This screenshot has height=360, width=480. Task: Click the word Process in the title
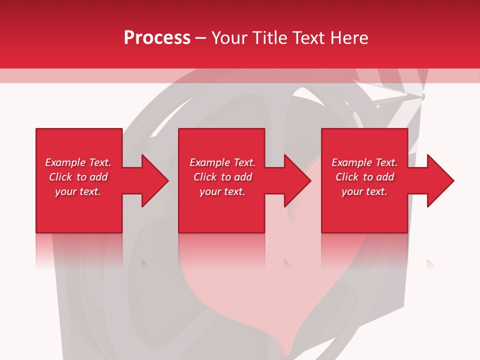pyautogui.click(x=157, y=38)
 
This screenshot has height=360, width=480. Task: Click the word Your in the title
pyautogui.click(x=230, y=38)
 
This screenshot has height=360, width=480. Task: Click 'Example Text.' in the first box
pyautogui.click(x=78, y=162)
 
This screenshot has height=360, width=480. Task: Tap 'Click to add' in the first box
pyautogui.click(x=78, y=177)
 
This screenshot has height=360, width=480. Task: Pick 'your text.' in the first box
pyautogui.click(x=78, y=191)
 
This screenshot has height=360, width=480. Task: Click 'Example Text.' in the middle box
pyautogui.click(x=222, y=162)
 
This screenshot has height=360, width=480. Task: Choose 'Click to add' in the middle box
pyautogui.click(x=222, y=177)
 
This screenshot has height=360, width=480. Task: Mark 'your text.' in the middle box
pyautogui.click(x=222, y=191)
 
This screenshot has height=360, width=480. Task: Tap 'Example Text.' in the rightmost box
pyautogui.click(x=364, y=162)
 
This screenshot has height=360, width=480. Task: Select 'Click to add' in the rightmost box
pyautogui.click(x=364, y=177)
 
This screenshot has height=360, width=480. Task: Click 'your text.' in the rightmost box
pyautogui.click(x=364, y=191)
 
